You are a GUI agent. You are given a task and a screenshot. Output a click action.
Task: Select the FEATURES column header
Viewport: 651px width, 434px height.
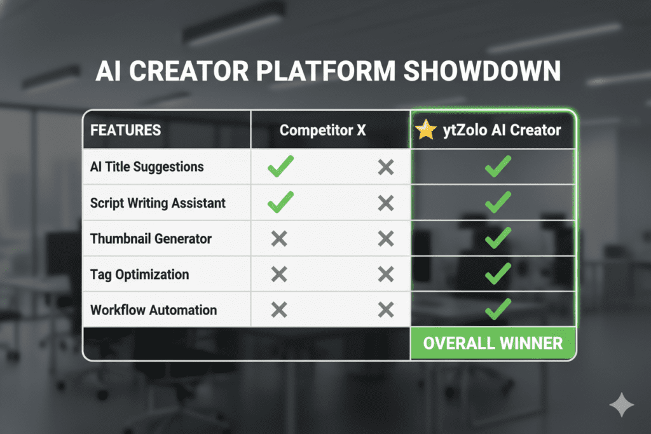(125, 130)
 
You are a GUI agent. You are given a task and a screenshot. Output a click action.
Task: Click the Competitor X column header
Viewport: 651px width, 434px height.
(323, 130)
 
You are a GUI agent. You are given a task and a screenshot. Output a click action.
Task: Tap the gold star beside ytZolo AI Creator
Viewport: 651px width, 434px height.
(425, 130)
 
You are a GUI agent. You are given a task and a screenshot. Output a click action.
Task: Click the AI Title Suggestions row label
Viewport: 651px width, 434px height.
(147, 167)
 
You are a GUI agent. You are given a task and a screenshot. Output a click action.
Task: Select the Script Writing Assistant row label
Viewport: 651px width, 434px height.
(158, 203)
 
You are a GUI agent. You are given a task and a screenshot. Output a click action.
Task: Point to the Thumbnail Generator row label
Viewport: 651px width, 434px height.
(151, 239)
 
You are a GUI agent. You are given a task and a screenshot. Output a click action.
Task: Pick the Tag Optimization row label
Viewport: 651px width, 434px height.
(139, 275)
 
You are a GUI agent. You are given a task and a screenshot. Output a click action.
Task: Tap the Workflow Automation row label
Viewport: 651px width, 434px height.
(153, 310)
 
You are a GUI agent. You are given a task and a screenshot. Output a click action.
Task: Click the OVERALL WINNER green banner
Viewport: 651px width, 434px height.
(493, 343)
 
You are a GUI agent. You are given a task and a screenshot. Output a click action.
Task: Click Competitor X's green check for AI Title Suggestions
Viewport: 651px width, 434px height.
(280, 168)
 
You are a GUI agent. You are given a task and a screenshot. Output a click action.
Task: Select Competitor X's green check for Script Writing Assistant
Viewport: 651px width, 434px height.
(280, 203)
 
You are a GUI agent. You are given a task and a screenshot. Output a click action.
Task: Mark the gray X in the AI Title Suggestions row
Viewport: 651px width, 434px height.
(385, 168)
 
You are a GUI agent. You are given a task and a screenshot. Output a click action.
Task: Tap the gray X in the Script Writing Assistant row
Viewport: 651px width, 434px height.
(385, 203)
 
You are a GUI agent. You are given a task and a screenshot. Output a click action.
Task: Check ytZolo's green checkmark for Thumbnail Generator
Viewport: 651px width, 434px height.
(497, 238)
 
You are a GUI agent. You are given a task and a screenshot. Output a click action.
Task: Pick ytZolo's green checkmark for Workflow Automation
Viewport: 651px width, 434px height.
(497, 310)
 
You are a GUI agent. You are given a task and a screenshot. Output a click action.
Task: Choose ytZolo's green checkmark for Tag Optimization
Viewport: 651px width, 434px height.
(497, 274)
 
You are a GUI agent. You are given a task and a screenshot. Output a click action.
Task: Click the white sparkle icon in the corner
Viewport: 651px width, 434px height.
(620, 405)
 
